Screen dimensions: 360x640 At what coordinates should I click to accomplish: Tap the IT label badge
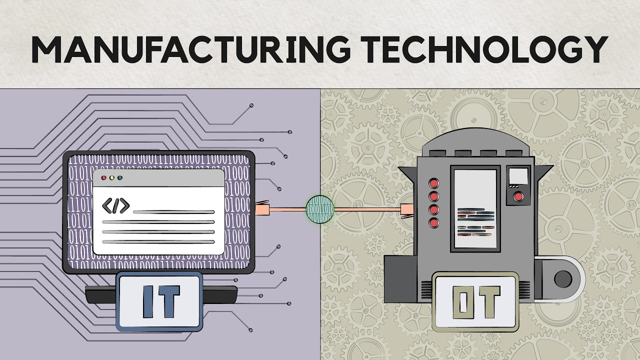click(x=159, y=301)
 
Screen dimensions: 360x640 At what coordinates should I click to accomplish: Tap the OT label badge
click(x=475, y=302)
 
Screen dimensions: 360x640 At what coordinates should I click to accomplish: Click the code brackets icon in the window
click(x=115, y=205)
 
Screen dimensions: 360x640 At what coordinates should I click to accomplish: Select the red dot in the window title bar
click(x=104, y=177)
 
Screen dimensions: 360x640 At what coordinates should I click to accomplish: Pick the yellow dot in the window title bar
click(x=111, y=177)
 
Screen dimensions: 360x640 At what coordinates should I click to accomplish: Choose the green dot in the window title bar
click(x=119, y=177)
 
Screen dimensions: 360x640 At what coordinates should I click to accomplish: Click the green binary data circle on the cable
click(x=319, y=209)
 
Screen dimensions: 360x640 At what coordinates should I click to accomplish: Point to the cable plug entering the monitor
click(x=262, y=209)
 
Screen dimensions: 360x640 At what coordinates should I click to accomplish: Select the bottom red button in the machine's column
click(x=434, y=222)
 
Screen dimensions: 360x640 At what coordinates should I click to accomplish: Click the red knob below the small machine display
click(x=518, y=196)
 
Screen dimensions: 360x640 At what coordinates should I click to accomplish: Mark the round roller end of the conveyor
click(x=563, y=278)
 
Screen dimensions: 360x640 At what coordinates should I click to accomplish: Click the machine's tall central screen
click(x=475, y=209)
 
